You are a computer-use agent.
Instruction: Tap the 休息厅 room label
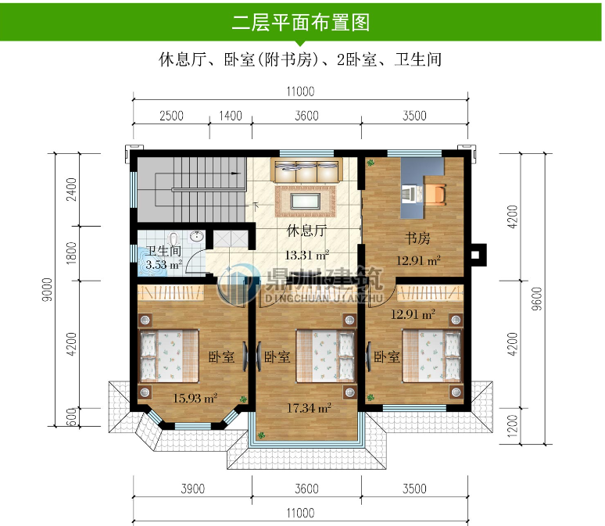point(306,231)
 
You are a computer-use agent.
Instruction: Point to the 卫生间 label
point(163,252)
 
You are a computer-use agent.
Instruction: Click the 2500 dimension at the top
point(171,116)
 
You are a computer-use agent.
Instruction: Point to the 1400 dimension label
point(230,116)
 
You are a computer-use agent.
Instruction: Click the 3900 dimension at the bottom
point(192,489)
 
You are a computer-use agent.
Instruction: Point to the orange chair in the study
point(436,192)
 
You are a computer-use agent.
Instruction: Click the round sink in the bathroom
point(198,237)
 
